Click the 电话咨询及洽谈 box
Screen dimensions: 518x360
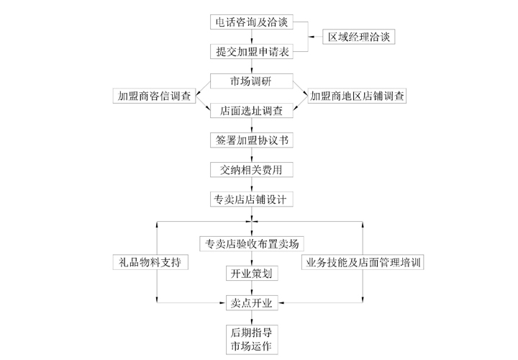[x=252, y=22]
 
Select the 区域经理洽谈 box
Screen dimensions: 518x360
[x=359, y=37]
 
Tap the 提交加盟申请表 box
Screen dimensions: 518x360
[x=252, y=52]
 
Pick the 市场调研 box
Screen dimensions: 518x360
[x=252, y=81]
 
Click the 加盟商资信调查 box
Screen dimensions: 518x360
[x=154, y=96]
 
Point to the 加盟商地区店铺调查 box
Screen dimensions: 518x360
[x=357, y=96]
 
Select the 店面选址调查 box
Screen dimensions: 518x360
[x=252, y=110]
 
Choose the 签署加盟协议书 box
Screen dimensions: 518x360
[x=252, y=140]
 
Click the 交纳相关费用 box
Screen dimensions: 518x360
[x=252, y=170]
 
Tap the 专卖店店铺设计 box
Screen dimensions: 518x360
[x=252, y=199]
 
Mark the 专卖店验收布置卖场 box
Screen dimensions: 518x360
[x=252, y=243]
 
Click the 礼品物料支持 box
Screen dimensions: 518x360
[x=150, y=262]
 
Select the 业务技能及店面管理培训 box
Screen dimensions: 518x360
[x=363, y=262]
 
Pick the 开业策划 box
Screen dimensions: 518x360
[x=252, y=274]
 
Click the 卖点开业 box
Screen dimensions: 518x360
[x=252, y=303]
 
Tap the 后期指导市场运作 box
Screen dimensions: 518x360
[x=252, y=340]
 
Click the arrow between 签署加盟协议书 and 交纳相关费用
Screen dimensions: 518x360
[x=252, y=155]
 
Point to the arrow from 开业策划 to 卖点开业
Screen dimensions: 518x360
[x=252, y=288]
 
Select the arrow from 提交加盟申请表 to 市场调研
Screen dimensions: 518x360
[x=252, y=66]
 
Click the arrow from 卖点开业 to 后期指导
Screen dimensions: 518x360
[x=252, y=318]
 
